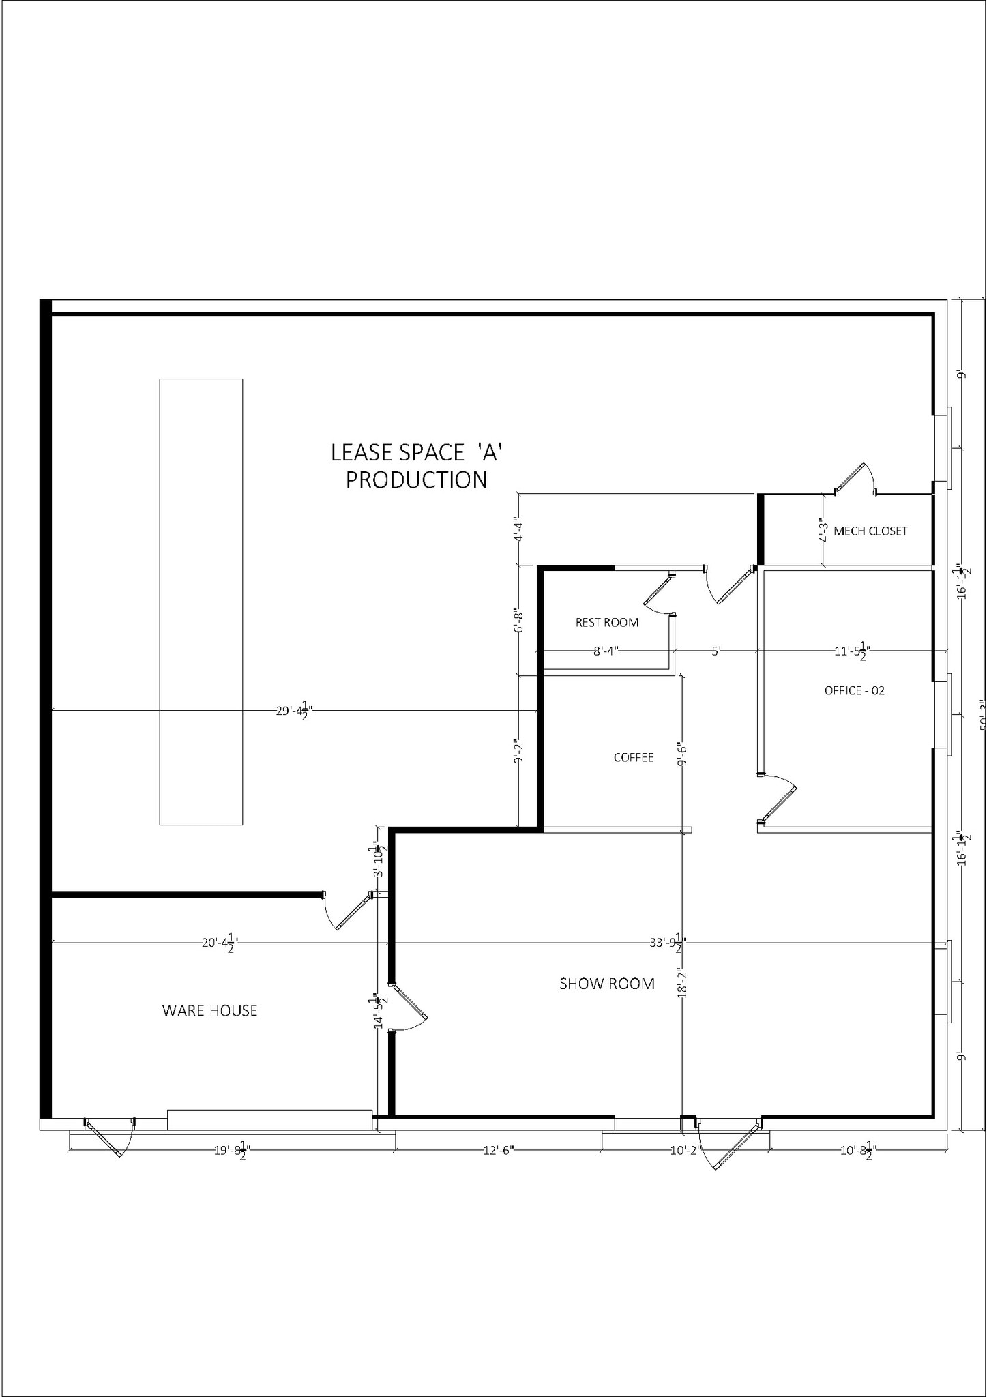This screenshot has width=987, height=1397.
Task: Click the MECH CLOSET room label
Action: [x=870, y=531]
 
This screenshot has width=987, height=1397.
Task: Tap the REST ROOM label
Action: [x=607, y=622]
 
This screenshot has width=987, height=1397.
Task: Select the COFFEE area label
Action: [x=634, y=757]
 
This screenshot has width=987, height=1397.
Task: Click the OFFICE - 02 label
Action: [x=854, y=690]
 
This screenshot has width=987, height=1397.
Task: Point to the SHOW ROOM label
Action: [x=606, y=984]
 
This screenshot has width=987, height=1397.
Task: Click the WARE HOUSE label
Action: [x=209, y=1010]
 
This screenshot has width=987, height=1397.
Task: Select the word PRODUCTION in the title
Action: [x=416, y=480]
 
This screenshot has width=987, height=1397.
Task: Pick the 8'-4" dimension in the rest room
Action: [x=605, y=651]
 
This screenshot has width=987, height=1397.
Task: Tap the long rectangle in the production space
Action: [x=201, y=602]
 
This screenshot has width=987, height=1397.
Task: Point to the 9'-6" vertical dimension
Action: [x=682, y=754]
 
